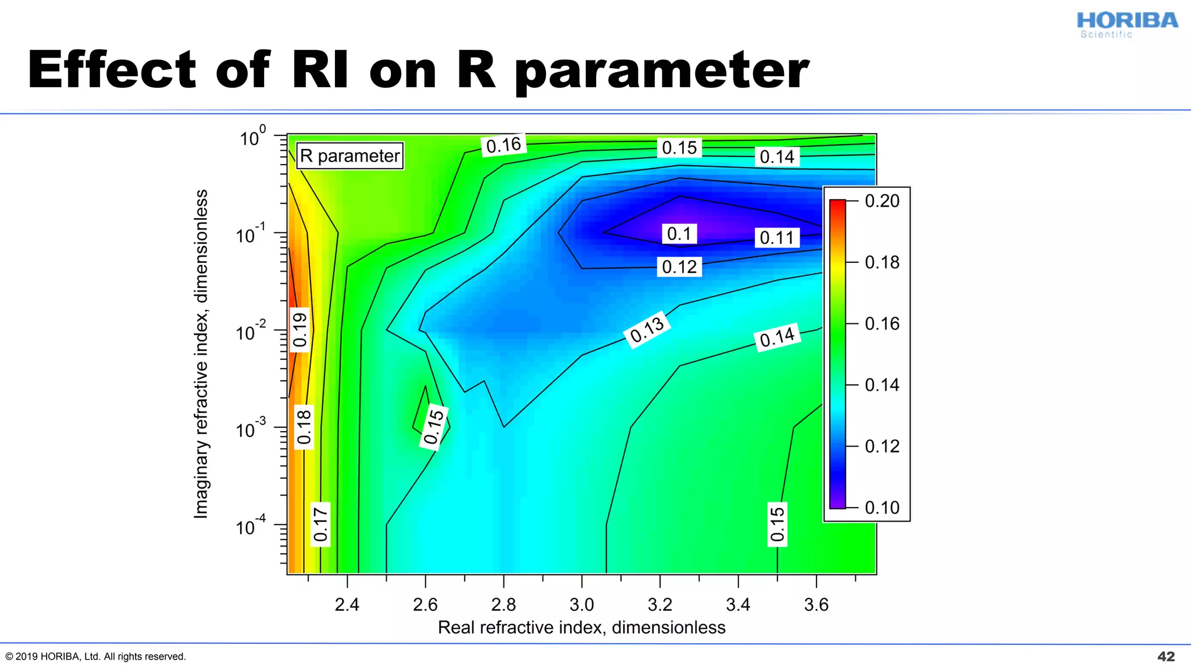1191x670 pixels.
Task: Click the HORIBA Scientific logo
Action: tap(1126, 24)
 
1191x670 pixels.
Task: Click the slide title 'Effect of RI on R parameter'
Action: tap(418, 70)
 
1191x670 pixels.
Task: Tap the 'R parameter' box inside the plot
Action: tap(350, 156)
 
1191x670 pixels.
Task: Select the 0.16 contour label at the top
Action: tap(504, 145)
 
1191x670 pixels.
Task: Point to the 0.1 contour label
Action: tap(679, 234)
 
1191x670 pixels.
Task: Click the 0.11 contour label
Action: tap(777, 238)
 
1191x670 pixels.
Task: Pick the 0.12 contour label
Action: tap(679, 267)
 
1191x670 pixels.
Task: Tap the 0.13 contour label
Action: tap(647, 330)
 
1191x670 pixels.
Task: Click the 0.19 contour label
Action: tap(299, 330)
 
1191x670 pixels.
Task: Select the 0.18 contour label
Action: tap(304, 427)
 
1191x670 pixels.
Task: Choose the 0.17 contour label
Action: tap(320, 524)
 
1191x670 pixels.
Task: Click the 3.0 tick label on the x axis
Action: tap(582, 605)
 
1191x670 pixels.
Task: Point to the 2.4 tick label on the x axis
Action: tap(347, 605)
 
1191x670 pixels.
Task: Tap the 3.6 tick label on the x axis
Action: tap(816, 605)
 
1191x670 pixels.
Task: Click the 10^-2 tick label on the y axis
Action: tap(251, 332)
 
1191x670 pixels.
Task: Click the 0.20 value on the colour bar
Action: tap(882, 201)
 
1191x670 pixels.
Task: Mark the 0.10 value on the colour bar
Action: tap(882, 508)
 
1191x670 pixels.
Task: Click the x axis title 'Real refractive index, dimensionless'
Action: tap(582, 628)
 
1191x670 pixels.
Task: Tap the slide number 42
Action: tap(1166, 657)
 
